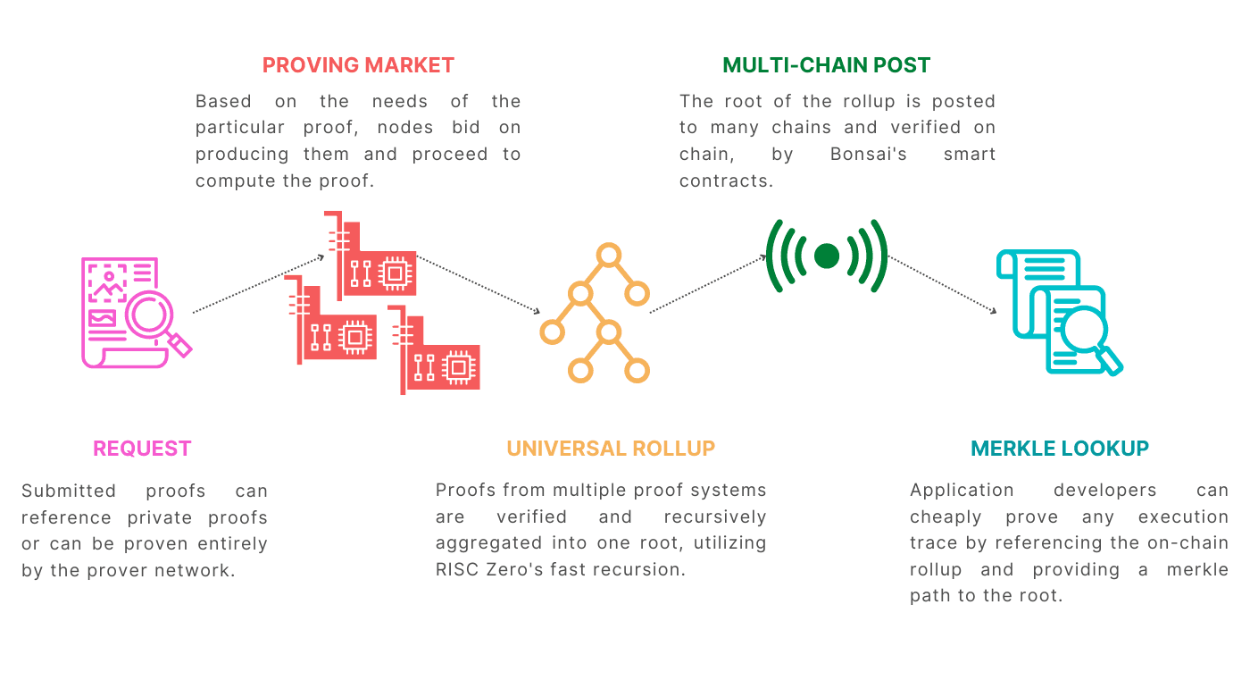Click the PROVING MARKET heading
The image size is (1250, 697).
pyautogui.click(x=358, y=65)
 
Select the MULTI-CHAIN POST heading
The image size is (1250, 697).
pyautogui.click(x=826, y=65)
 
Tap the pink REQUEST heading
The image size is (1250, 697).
pyautogui.click(x=142, y=449)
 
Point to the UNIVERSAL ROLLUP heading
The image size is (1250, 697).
pyautogui.click(x=611, y=449)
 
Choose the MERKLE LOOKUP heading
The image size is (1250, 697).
pyautogui.click(x=1060, y=449)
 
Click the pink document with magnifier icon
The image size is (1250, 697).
pyautogui.click(x=134, y=313)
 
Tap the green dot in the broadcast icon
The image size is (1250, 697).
pyautogui.click(x=827, y=256)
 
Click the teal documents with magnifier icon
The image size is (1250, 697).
pyautogui.click(x=1058, y=313)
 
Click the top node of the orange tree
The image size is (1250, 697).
pyautogui.click(x=609, y=256)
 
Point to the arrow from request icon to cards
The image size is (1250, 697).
pyautogui.click(x=258, y=284)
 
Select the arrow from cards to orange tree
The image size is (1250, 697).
pyautogui.click(x=479, y=284)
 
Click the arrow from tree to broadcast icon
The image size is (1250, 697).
pyautogui.click(x=708, y=284)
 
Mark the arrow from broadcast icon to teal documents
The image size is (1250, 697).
pyautogui.click(x=942, y=284)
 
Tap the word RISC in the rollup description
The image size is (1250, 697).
pyautogui.click(x=454, y=569)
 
